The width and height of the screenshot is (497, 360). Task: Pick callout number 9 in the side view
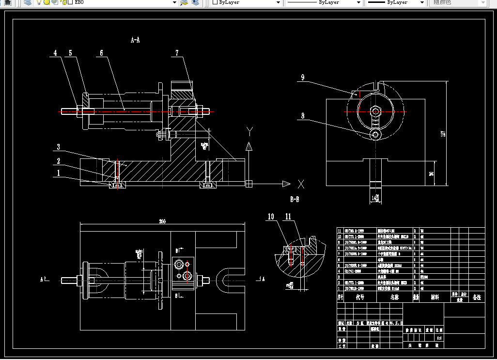click(x=302, y=77)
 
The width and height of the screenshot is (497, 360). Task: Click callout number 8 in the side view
click(x=302, y=116)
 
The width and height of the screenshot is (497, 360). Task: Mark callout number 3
click(x=58, y=147)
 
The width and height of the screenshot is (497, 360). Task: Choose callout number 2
click(x=58, y=161)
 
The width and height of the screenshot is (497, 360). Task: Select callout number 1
click(x=58, y=172)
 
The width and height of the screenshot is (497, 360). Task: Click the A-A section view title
click(x=135, y=40)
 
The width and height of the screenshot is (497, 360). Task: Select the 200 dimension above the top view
click(x=162, y=221)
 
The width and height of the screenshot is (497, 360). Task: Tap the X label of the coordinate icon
click(x=301, y=184)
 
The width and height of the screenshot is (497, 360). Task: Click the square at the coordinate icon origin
click(x=249, y=184)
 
